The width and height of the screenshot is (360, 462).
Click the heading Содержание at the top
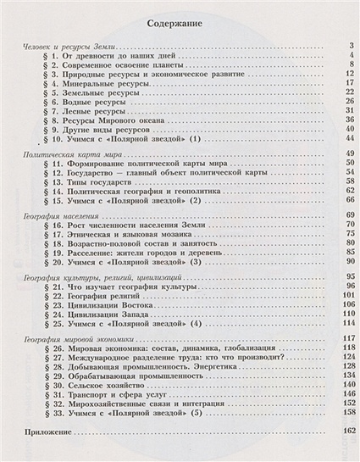click(180, 25)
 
